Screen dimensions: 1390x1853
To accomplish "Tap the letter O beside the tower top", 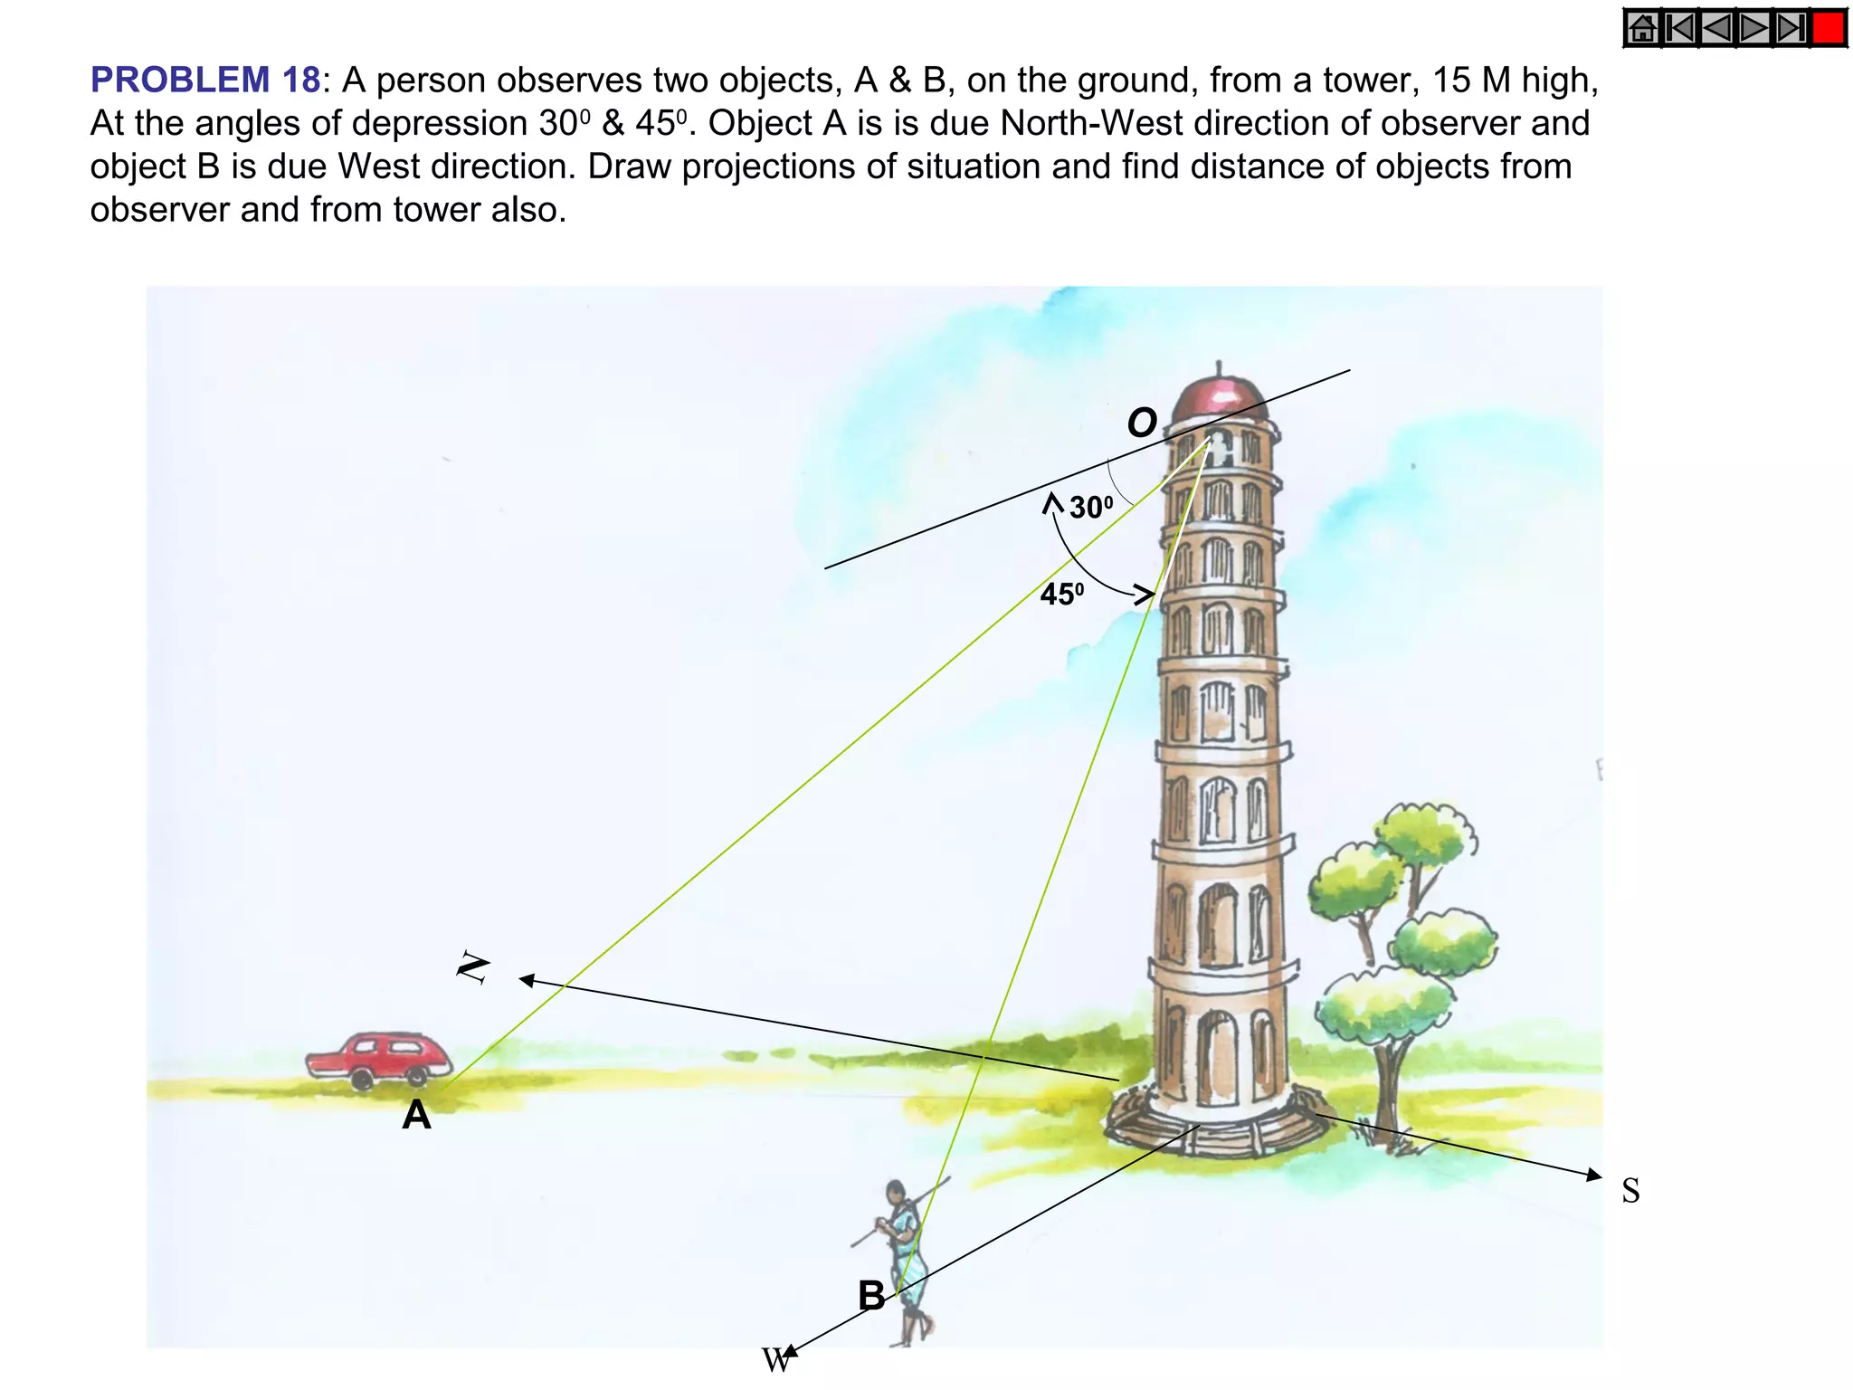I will (1142, 423).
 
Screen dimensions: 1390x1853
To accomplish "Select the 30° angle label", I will (1090, 507).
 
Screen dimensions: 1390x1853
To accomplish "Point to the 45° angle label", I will (1061, 595).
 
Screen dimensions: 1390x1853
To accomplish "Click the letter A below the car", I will (416, 1115).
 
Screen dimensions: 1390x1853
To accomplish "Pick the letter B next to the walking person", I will (871, 1296).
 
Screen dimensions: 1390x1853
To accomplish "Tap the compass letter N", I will (473, 967).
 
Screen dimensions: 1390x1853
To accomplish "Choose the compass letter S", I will (1630, 1191).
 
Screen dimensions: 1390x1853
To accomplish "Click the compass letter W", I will (775, 1360).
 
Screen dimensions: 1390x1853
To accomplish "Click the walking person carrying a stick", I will (905, 1258).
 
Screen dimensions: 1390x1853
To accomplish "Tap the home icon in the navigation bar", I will (1642, 28).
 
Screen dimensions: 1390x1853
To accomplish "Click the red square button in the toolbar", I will (1829, 28).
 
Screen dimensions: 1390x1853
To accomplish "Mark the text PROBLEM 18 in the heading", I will (205, 80).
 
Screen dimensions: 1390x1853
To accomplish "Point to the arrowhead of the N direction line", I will (526, 980).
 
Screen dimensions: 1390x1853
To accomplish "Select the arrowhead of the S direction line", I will (1594, 1176).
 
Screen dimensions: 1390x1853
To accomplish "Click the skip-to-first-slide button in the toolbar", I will (1681, 28).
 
